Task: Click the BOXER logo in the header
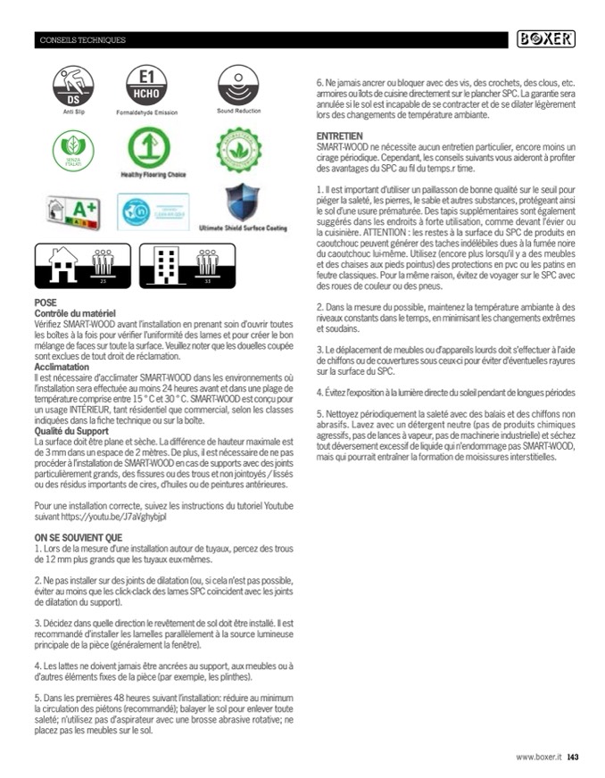(546, 39)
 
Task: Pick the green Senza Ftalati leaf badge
(63, 148)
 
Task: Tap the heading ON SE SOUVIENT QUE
(78, 538)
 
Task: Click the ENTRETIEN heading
(338, 136)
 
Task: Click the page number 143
(573, 758)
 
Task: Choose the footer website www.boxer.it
(538, 758)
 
